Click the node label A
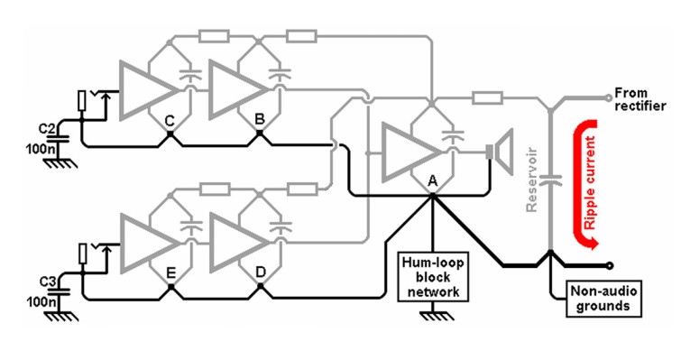433,180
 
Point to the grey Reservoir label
534,180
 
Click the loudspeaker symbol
499,150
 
